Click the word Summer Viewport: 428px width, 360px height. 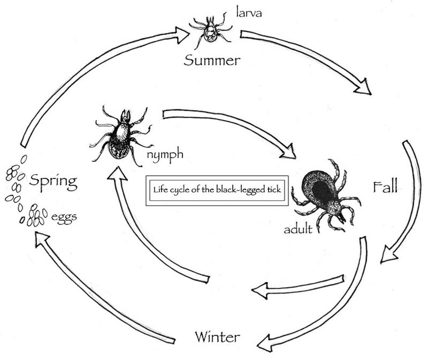[211, 60]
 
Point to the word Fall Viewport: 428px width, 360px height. [385, 186]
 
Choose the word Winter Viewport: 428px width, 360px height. [217, 336]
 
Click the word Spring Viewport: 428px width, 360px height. [53, 181]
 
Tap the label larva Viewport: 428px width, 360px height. [249, 13]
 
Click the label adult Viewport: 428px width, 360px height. [298, 228]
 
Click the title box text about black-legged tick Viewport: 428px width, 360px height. [217, 190]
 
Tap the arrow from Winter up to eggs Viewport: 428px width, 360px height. [98, 292]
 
